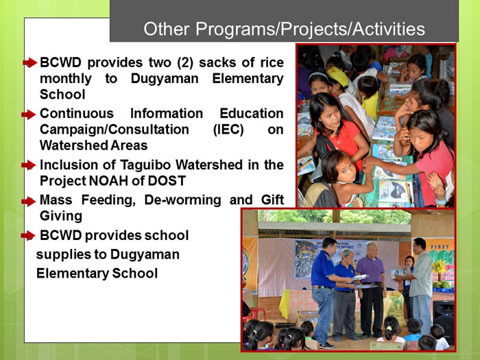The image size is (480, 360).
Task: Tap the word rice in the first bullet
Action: [272, 62]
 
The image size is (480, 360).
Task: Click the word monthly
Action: [66, 79]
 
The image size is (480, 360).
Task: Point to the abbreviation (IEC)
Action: [228, 130]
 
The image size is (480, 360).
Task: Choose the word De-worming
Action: [183, 200]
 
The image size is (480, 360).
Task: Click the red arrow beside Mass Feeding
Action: [29, 202]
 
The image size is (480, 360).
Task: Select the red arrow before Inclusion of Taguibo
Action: [29, 165]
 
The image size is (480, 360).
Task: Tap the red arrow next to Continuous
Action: [29, 115]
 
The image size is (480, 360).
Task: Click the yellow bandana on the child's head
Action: [337, 77]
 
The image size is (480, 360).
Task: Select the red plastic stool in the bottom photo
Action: [255, 315]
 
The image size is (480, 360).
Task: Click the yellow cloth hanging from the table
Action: [285, 304]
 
